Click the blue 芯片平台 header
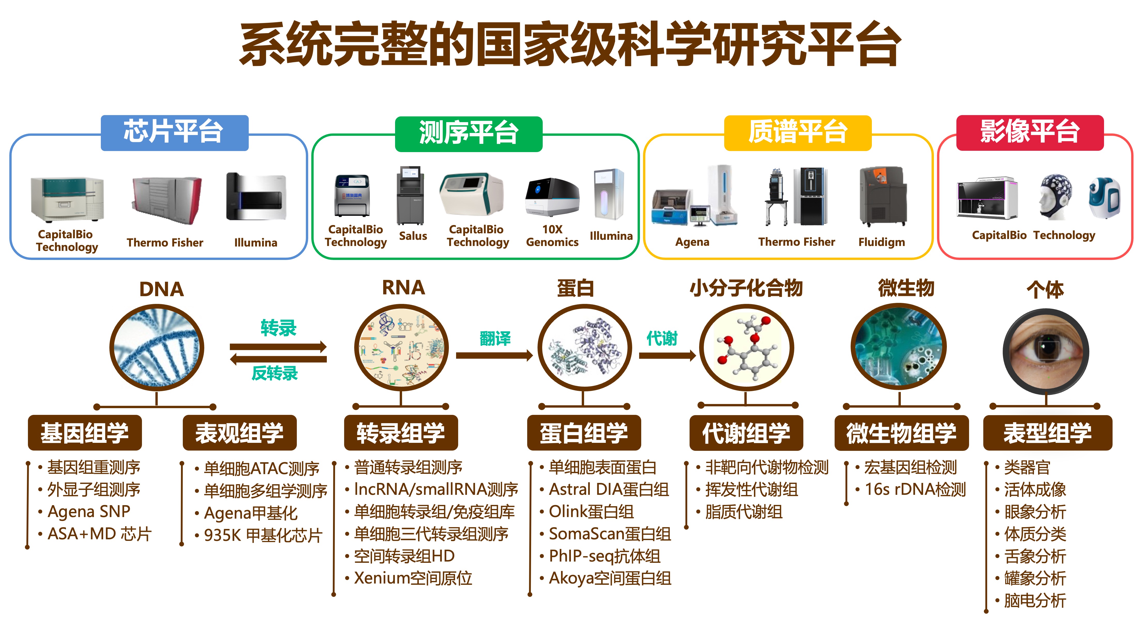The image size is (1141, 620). click(x=174, y=132)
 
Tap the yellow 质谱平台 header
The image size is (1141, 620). click(x=797, y=132)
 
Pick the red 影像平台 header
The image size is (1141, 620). click(x=1029, y=132)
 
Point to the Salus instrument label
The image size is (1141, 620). click(x=413, y=236)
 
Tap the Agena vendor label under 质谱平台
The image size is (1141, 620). click(x=692, y=242)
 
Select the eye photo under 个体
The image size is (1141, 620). click(x=1045, y=352)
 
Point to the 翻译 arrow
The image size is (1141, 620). click(x=494, y=355)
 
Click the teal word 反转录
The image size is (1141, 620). click(x=275, y=373)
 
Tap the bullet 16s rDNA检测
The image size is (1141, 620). click(x=915, y=489)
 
